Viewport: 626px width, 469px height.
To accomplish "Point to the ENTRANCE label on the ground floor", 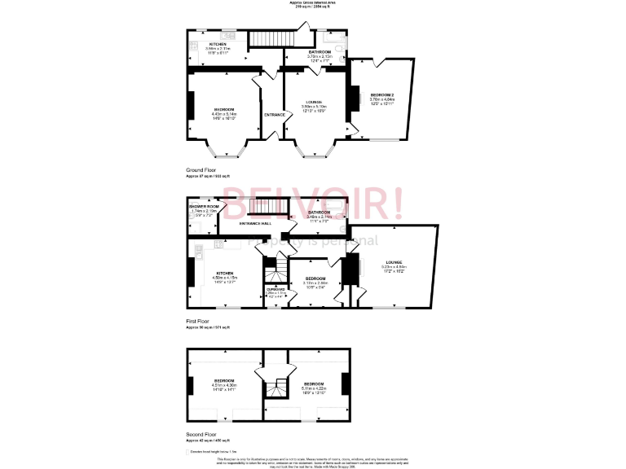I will point(275,115).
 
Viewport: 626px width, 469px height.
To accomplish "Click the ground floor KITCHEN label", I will point(218,44).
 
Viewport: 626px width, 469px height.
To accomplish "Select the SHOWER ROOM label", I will point(205,207).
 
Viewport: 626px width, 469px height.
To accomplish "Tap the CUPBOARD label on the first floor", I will point(276,288).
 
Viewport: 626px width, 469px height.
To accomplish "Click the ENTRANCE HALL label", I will point(254,223).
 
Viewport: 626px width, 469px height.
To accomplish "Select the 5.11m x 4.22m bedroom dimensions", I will point(315,388).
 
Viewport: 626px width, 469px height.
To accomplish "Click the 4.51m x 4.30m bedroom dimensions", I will point(224,385).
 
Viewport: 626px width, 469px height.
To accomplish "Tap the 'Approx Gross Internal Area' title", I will point(313,2).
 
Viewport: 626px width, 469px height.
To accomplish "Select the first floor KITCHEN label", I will point(224,273).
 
